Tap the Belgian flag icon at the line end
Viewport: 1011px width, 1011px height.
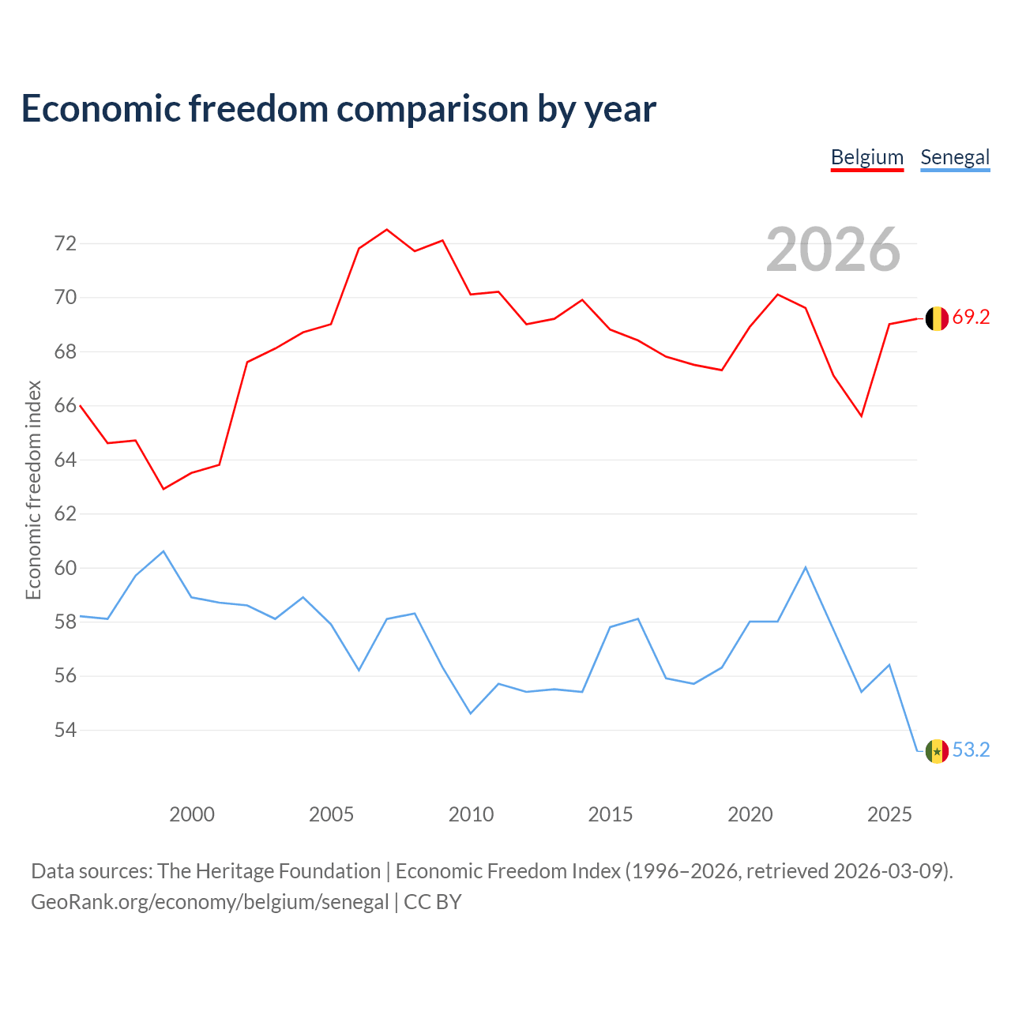[x=937, y=318]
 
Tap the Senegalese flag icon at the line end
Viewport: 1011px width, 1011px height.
[x=937, y=751]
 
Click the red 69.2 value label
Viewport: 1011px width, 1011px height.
[x=971, y=317]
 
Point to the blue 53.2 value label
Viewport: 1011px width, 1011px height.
[x=971, y=750]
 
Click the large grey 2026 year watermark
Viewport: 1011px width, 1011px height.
[x=833, y=250]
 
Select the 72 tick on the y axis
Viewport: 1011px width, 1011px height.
[x=66, y=243]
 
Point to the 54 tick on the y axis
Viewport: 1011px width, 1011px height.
[x=66, y=730]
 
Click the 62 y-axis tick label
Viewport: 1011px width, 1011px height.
[x=66, y=513]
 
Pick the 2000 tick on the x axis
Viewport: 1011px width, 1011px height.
[x=191, y=814]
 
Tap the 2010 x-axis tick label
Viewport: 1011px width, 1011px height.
[x=471, y=814]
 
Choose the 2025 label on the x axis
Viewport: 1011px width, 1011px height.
[x=889, y=814]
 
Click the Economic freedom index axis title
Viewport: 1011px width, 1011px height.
[x=33, y=490]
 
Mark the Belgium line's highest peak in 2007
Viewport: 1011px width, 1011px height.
[x=387, y=229]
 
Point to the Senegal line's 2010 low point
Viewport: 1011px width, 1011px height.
[x=471, y=713]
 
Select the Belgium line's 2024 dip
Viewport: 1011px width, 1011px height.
[x=862, y=416]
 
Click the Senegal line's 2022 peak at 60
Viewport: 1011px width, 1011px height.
[x=806, y=567]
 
